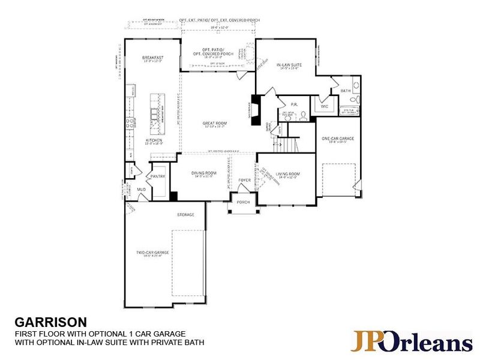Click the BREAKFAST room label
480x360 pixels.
coord(153,57)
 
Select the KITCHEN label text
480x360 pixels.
coord(154,141)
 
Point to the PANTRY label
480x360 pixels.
coord(158,176)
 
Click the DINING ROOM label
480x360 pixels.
coord(204,173)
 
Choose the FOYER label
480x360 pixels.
coord(244,179)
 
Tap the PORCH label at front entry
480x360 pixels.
coord(243,202)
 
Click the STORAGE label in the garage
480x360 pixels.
coord(185,214)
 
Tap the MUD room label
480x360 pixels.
coord(142,190)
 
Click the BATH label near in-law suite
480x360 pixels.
coord(345,91)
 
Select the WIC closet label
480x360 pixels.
coord(325,106)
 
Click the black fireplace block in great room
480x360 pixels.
coord(256,110)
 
